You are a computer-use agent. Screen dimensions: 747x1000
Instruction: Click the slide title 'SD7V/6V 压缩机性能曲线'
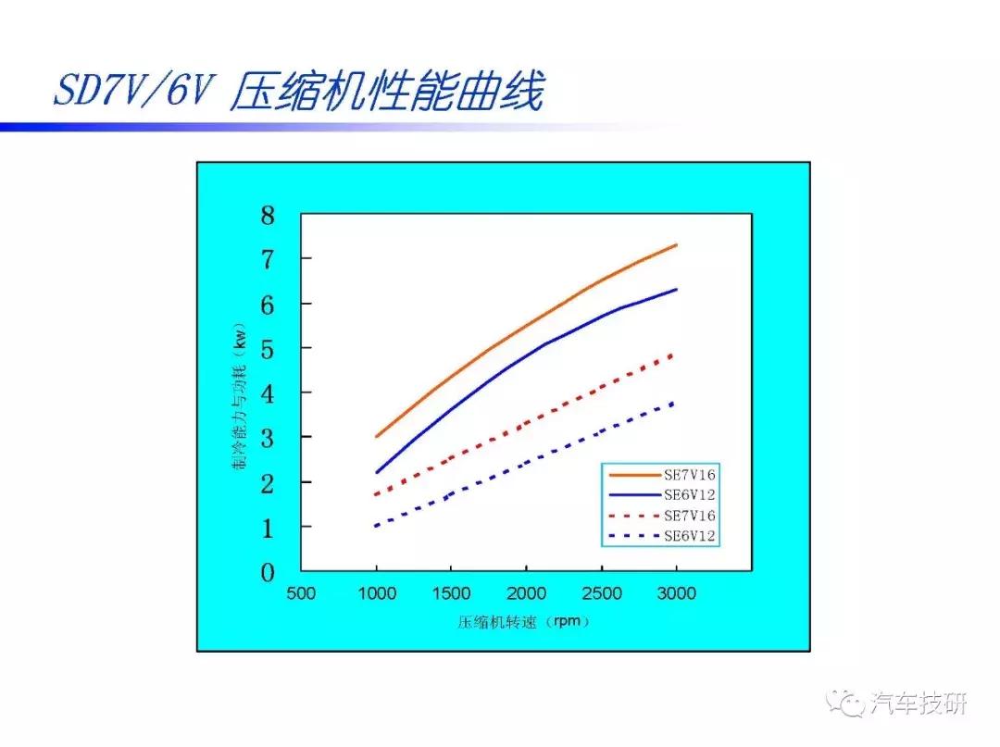(x=296, y=93)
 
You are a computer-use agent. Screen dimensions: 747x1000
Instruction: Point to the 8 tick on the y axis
(x=268, y=217)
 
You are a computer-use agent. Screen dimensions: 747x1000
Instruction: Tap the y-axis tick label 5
(x=268, y=349)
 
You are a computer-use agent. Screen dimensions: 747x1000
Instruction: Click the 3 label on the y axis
(x=268, y=438)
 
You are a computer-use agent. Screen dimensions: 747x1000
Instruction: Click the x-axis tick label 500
(x=302, y=593)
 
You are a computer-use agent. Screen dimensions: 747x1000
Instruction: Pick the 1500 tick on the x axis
(x=452, y=593)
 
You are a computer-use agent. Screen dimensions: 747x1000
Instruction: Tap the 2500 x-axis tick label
(x=602, y=593)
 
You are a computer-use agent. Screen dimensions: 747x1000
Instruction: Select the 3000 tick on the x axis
(x=676, y=593)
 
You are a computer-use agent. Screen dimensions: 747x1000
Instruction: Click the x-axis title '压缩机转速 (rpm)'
(x=524, y=621)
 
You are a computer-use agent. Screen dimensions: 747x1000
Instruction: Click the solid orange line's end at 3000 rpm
(x=676, y=245)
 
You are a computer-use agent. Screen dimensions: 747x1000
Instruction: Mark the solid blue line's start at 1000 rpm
(x=377, y=472)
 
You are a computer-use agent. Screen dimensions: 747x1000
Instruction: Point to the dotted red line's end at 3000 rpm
(x=674, y=355)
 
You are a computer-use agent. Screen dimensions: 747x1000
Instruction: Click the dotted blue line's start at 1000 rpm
(x=377, y=526)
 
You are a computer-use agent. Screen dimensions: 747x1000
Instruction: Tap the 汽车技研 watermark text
(x=918, y=704)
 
